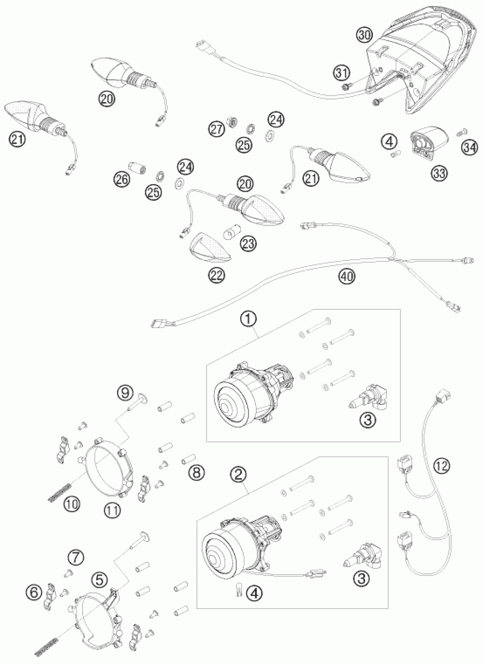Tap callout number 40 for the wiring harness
coord(347,276)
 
